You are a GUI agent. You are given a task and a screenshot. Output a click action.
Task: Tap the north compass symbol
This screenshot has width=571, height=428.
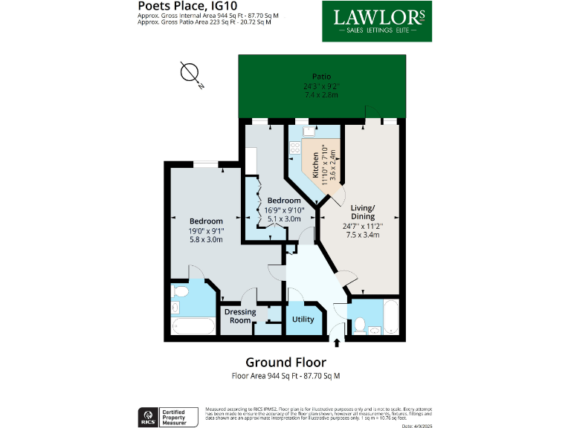pos(191,74)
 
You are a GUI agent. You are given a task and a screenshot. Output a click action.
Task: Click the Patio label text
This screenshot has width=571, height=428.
pos(321,77)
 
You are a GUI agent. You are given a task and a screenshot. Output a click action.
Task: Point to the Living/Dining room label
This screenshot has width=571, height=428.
pos(363,212)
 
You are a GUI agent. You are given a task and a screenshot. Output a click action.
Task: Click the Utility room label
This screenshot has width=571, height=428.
pos(303,320)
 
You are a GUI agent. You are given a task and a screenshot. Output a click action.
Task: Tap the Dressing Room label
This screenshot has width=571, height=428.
pos(240,316)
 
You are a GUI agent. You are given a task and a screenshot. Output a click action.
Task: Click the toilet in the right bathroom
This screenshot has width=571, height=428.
pos(358,324)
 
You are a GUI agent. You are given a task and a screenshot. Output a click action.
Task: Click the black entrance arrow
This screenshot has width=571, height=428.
pos(338,343)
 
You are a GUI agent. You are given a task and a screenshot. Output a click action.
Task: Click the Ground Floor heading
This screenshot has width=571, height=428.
pos(285,363)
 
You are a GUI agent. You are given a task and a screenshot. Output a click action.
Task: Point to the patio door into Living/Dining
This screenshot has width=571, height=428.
pos(370,112)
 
